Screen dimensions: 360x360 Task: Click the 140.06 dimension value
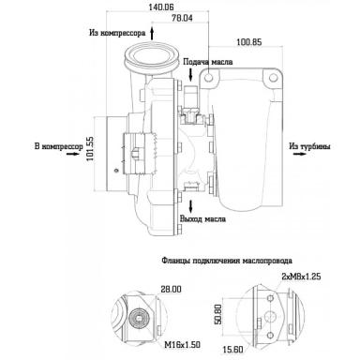tap(161, 7)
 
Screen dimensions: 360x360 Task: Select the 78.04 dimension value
tap(182, 18)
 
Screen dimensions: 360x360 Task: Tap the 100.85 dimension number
tap(249, 42)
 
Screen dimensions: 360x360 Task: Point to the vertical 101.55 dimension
tap(90, 149)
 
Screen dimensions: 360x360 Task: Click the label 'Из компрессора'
tap(117, 33)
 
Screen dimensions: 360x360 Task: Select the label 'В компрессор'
tap(59, 146)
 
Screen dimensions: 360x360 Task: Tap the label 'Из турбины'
tap(309, 146)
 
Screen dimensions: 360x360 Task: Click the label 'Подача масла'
tap(208, 62)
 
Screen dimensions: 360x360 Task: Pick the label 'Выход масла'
tap(202, 218)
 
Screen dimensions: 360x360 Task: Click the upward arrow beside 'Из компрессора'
tap(152, 33)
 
